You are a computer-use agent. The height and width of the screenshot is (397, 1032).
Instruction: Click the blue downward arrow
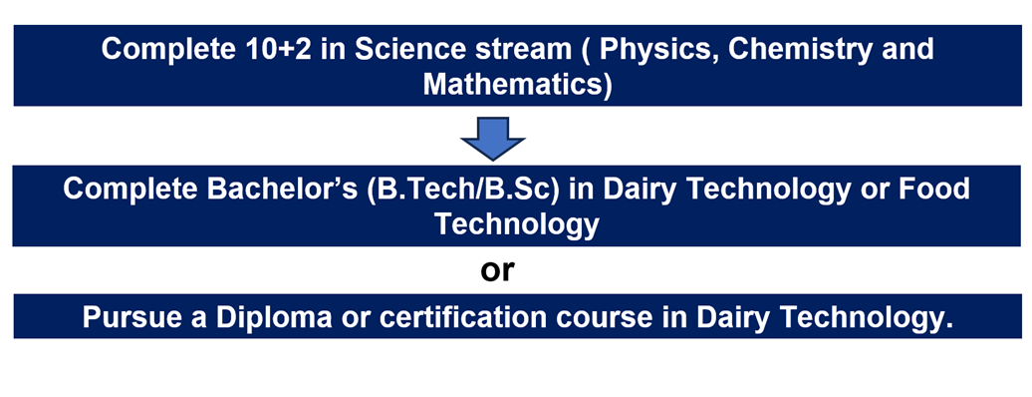pos(492,139)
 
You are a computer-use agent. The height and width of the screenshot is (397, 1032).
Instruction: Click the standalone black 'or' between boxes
pos(497,270)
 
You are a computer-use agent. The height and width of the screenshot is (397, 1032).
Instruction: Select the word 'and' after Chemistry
pos(909,50)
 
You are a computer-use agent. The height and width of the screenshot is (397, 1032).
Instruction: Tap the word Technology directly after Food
pos(516,225)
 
